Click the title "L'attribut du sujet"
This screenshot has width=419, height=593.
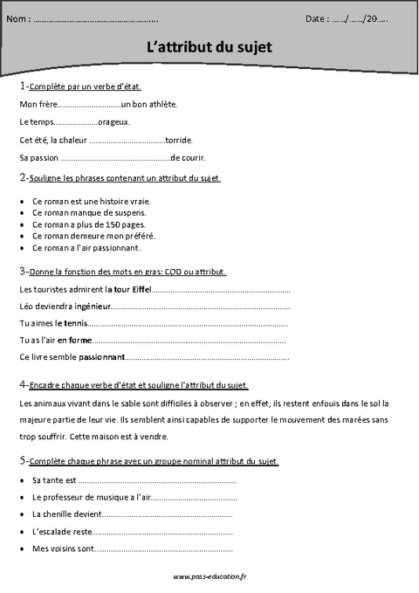pos(209,49)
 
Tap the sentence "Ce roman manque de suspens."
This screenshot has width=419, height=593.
pos(89,212)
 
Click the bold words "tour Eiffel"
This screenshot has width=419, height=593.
pos(129,287)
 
